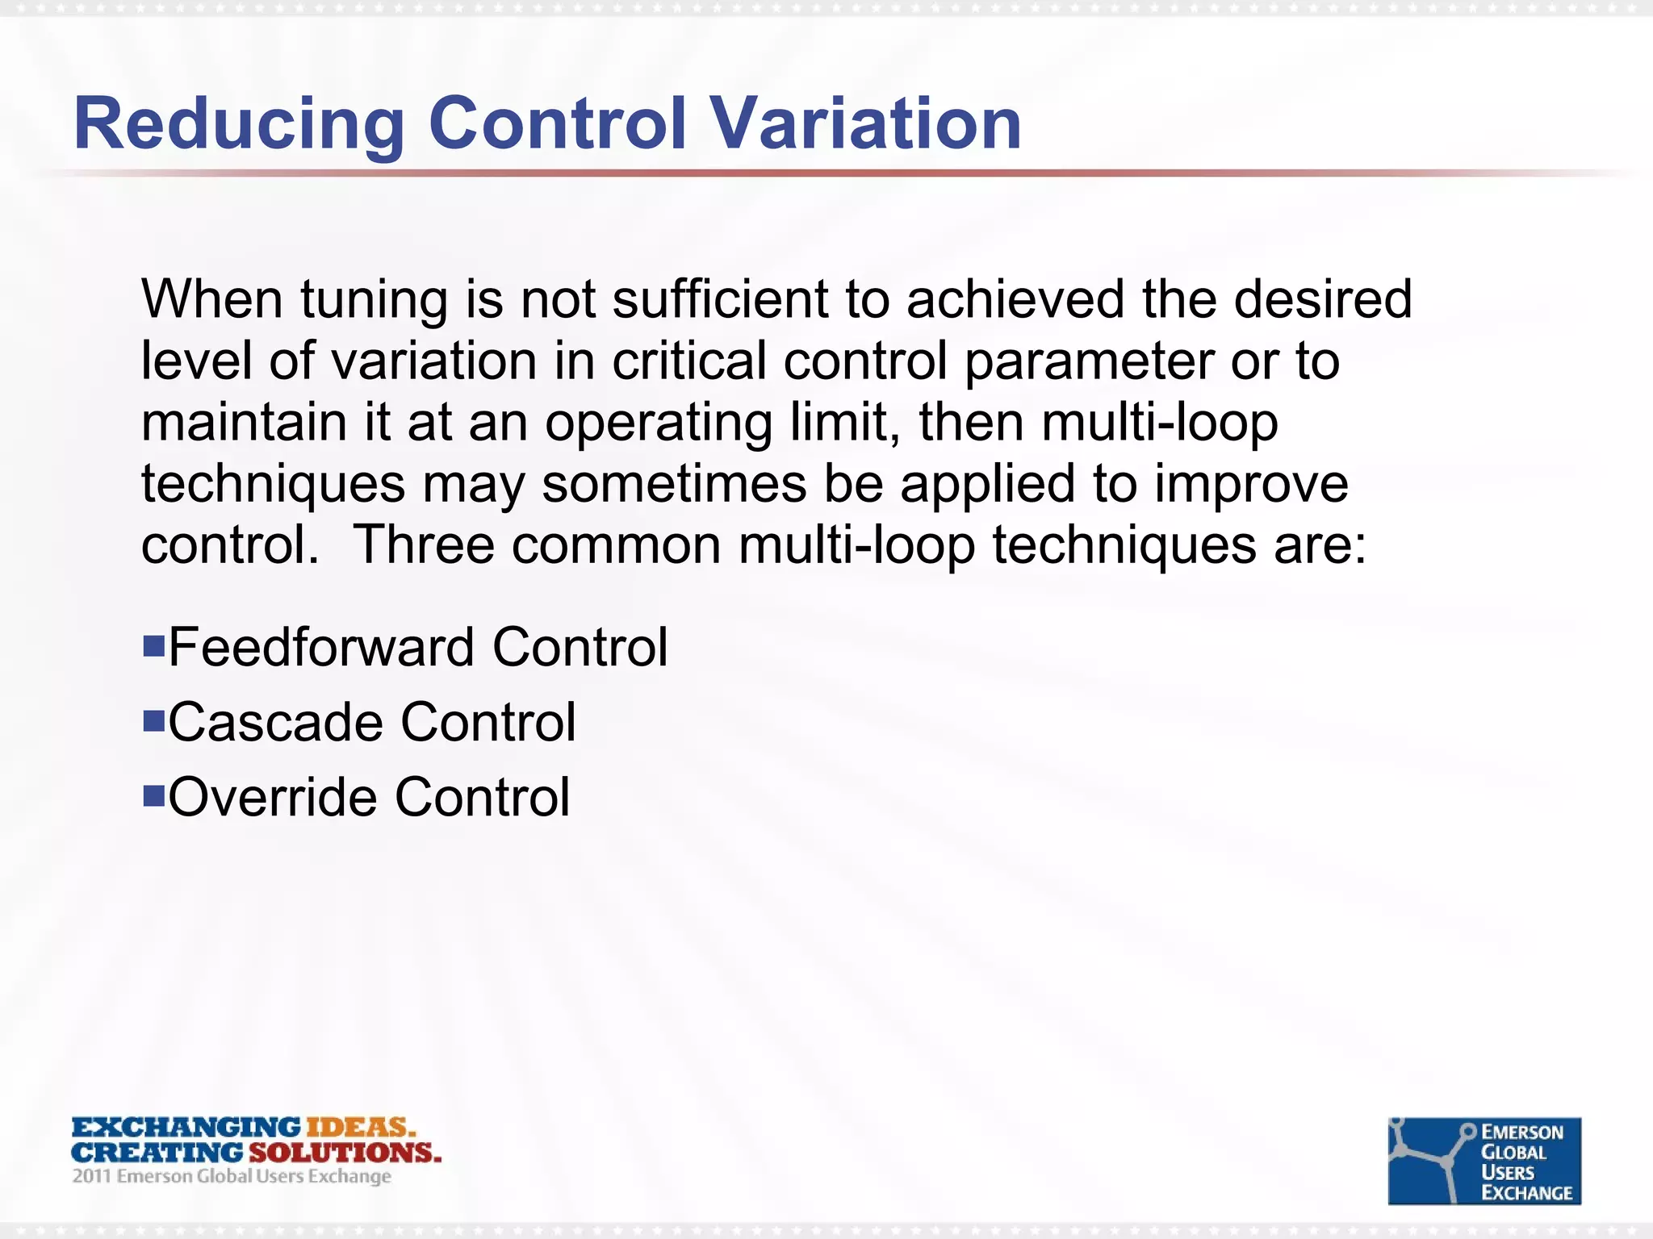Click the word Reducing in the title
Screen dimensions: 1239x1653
click(239, 125)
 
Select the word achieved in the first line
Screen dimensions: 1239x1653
click(1015, 299)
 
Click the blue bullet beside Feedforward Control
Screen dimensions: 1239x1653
click(153, 645)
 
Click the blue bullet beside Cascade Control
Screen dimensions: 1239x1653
click(153, 720)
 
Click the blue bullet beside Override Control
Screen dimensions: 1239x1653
click(153, 795)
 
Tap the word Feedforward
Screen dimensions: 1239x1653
click(321, 647)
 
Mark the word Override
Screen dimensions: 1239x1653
click(272, 797)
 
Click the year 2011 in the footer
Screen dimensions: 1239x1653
click(90, 1177)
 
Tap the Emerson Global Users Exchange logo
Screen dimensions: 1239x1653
click(1484, 1161)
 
